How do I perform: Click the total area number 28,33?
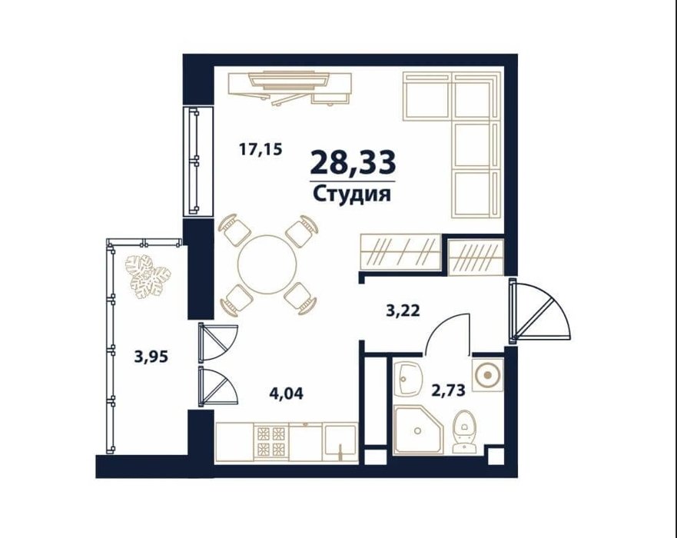353,162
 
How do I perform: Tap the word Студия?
352,194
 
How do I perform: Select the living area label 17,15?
261,150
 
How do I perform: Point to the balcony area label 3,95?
151,357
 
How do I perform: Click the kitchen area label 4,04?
287,394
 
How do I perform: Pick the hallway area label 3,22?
403,311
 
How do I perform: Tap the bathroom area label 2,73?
449,390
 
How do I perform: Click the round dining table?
267,264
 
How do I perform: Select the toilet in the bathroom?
463,431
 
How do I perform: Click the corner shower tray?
418,430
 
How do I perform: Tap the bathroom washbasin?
407,379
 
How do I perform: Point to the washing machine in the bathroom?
487,375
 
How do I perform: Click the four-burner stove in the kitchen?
271,441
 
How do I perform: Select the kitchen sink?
340,443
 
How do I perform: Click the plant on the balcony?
148,277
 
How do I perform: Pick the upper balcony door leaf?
218,342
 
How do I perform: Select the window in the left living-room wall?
198,161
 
